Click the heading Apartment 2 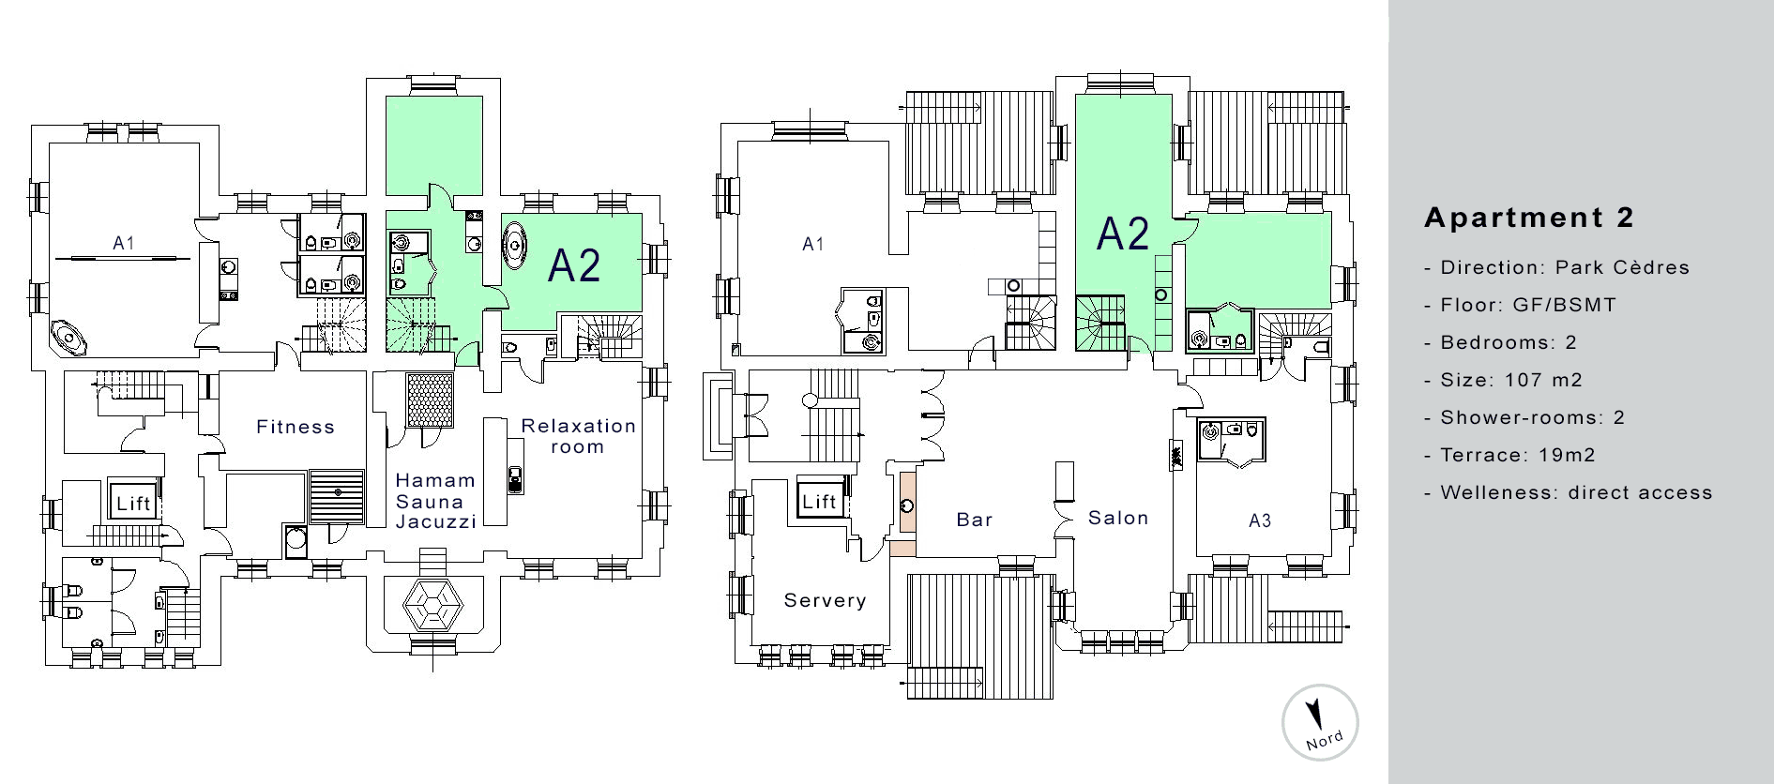[x=1528, y=218]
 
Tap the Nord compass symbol [x=1320, y=722]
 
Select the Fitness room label [x=296, y=428]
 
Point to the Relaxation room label [x=578, y=436]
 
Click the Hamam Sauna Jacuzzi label [x=435, y=501]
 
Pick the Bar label [x=975, y=520]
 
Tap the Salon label [x=1118, y=518]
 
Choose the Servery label [x=825, y=600]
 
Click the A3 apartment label [x=1260, y=520]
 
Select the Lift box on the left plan [x=133, y=504]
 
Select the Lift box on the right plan [x=819, y=502]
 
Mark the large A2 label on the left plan [x=574, y=265]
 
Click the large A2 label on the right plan [x=1123, y=234]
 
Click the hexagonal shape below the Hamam [x=432, y=605]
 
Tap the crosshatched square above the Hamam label [x=430, y=400]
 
